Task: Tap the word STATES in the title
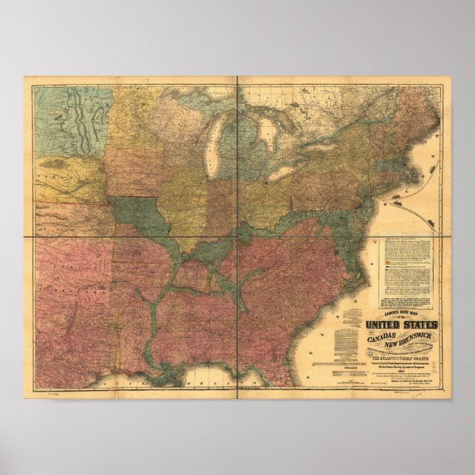pos(423,325)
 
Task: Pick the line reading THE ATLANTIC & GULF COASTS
pos(401,359)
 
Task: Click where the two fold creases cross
pos(237,235)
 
